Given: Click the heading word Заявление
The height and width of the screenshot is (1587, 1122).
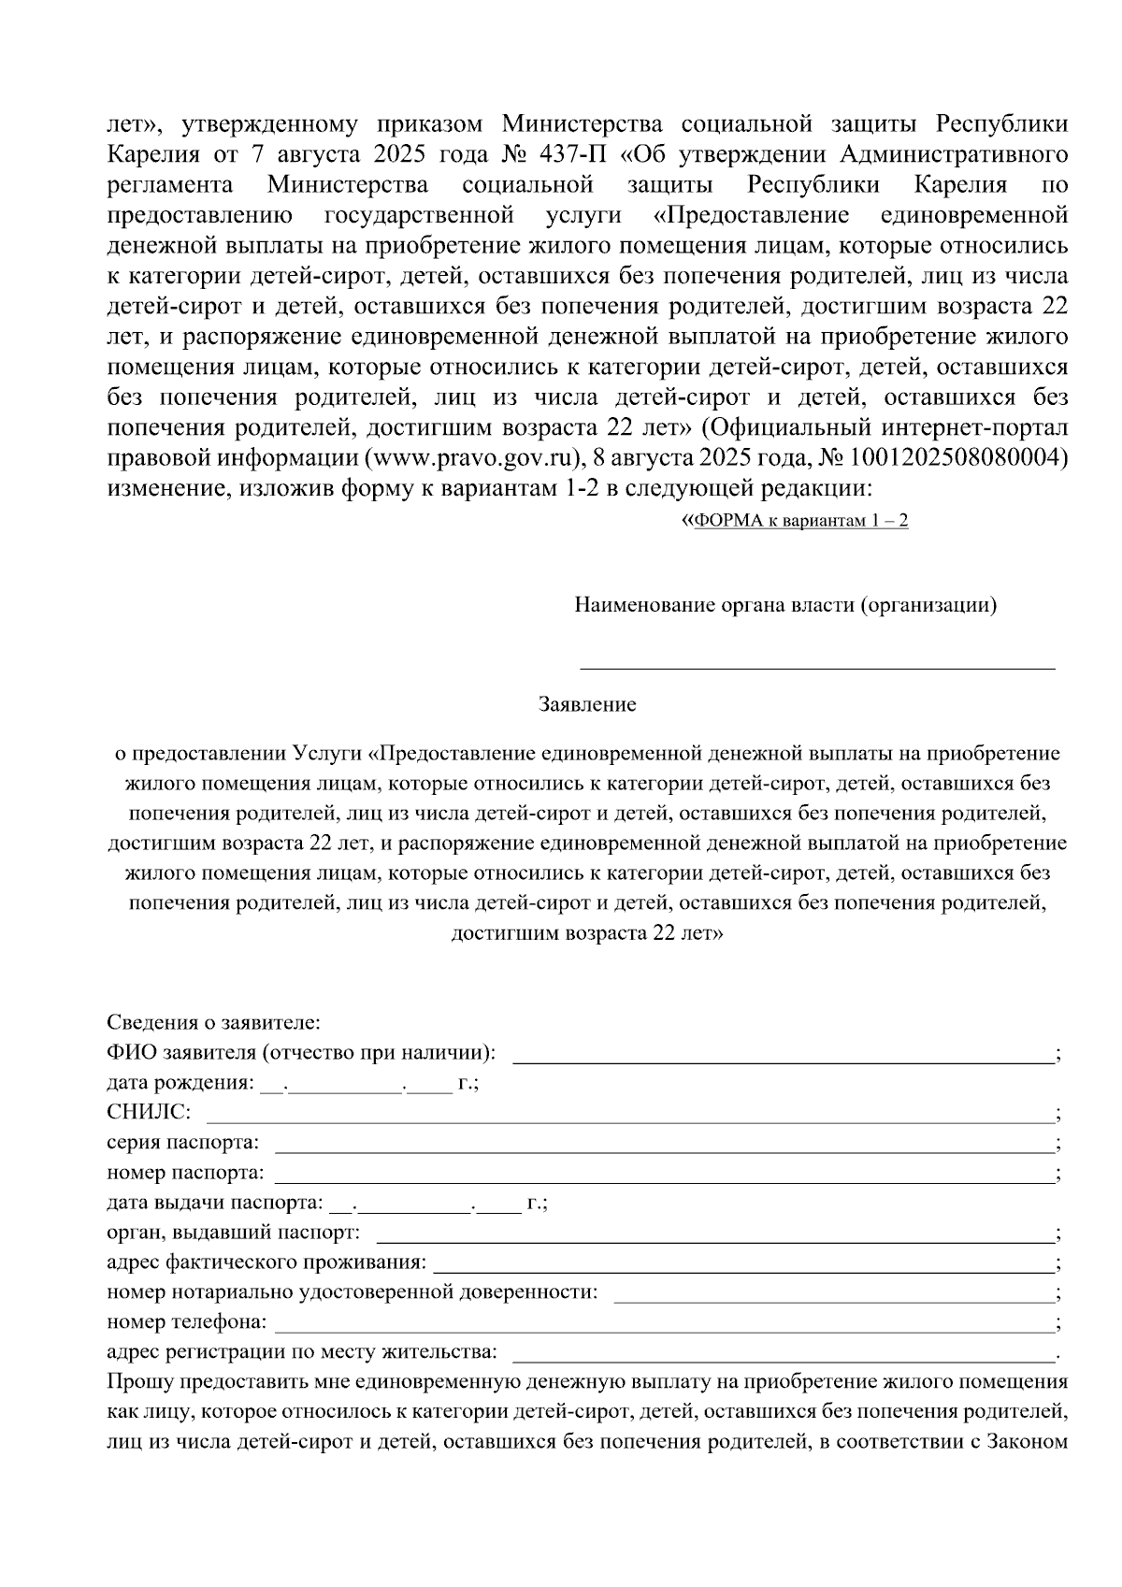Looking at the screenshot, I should [x=586, y=705].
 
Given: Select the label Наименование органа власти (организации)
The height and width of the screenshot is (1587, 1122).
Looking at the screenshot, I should [x=785, y=605].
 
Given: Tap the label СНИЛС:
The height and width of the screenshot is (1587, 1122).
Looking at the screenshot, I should [x=149, y=1113].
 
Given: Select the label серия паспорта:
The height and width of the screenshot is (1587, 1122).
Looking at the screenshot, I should [x=183, y=1143].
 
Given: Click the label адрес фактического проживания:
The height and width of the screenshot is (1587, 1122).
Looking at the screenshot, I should [x=266, y=1263].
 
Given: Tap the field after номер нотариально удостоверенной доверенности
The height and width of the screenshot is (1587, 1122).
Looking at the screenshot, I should [x=832, y=1296].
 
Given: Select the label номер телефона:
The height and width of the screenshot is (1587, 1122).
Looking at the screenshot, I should [x=186, y=1323].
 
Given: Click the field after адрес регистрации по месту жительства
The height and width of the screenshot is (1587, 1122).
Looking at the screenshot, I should [x=784, y=1356].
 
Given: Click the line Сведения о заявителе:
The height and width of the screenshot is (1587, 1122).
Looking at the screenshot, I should [x=213, y=1022].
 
